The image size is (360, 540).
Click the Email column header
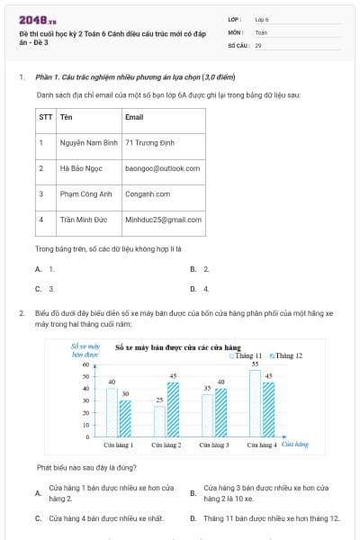coord(134,117)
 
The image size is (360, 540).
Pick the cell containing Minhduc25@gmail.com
coord(164,219)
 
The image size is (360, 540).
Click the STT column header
coord(45,117)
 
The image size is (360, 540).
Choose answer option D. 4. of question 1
coord(200,289)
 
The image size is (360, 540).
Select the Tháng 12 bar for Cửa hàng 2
coord(174,409)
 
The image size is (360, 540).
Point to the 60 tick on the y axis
coord(86,364)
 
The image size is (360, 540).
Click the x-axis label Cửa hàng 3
coord(214,445)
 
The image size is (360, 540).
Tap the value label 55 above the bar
coord(255,364)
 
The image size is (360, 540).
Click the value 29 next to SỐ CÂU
coord(258,43)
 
